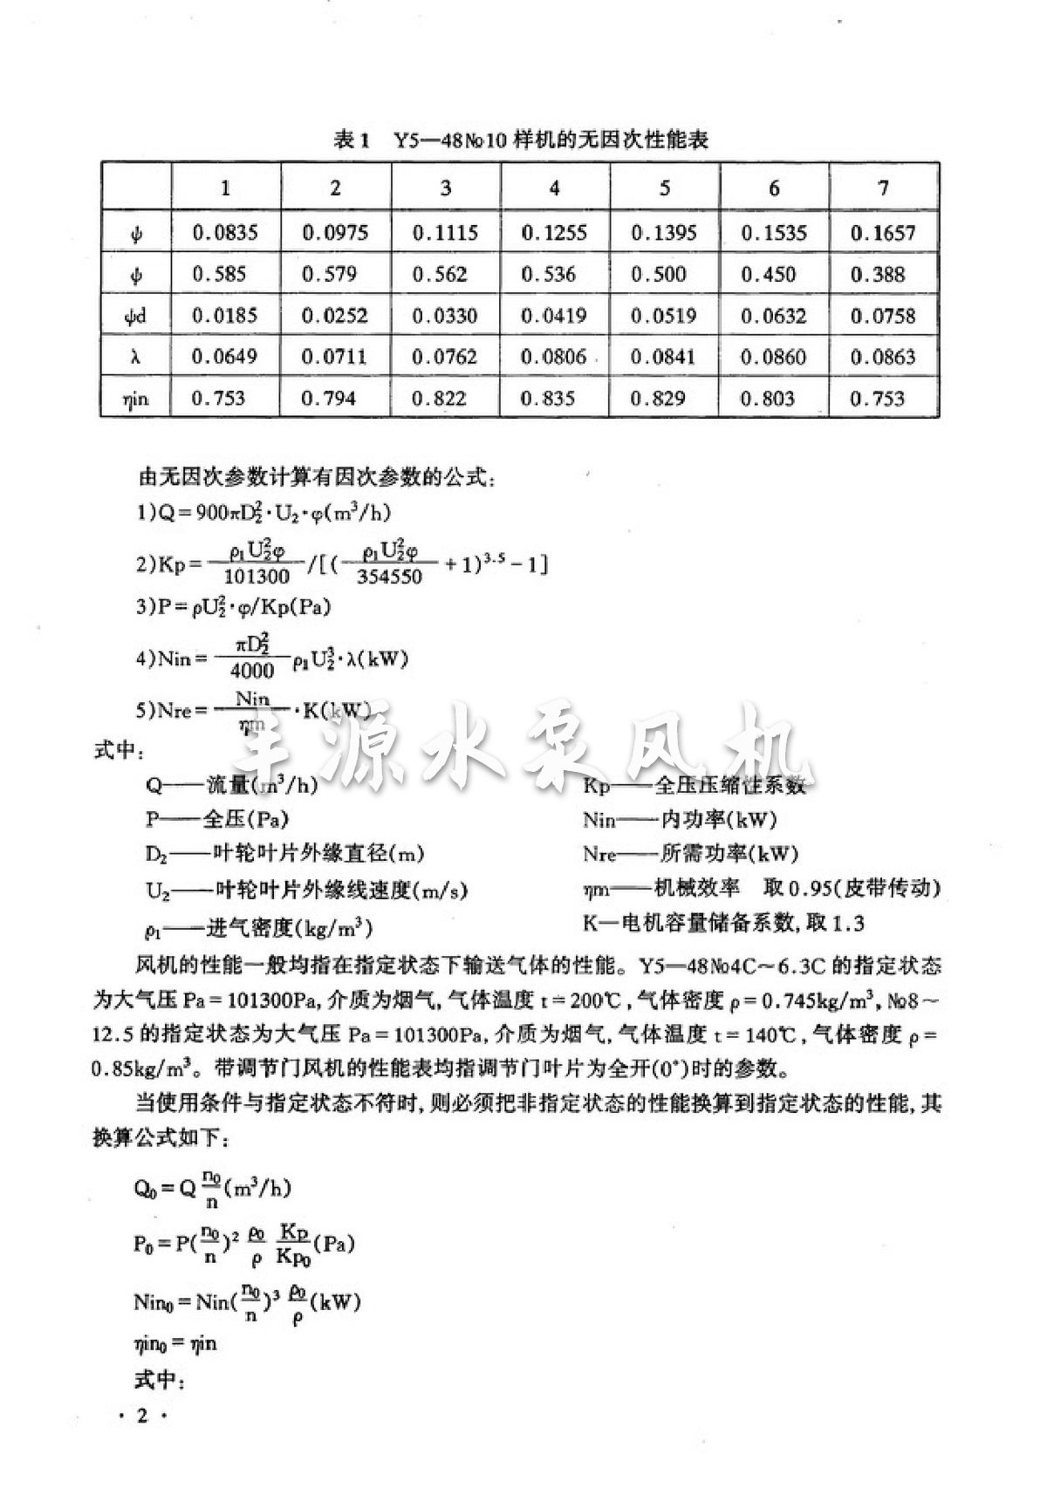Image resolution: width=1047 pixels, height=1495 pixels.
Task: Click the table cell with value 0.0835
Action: [x=225, y=233]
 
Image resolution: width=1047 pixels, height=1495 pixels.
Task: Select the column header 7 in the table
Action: [x=883, y=188]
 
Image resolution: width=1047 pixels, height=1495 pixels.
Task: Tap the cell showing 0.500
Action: [x=664, y=274]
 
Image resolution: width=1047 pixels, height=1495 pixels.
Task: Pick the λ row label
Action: [x=135, y=357]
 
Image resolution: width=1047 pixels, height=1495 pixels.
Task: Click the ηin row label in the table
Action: [x=135, y=399]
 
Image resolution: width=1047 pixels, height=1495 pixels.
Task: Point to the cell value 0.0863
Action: [x=883, y=357]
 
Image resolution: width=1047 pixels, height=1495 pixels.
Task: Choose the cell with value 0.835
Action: [x=554, y=399]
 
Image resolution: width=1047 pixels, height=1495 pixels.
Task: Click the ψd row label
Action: [x=135, y=316]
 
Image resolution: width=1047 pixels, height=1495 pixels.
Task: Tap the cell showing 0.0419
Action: [x=554, y=316]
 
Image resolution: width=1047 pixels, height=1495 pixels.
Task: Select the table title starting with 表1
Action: [x=520, y=140]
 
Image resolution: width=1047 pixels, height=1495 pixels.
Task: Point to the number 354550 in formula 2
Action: [x=390, y=576]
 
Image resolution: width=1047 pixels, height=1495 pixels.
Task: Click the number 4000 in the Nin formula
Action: [x=253, y=670]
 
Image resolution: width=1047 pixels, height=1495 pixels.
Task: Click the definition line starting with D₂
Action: [x=285, y=853]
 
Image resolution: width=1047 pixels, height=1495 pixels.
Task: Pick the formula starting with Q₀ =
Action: [x=213, y=1188]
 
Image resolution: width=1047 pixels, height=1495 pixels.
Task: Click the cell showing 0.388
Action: [x=883, y=274]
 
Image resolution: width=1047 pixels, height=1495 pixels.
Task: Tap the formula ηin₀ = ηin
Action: [x=175, y=1344]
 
